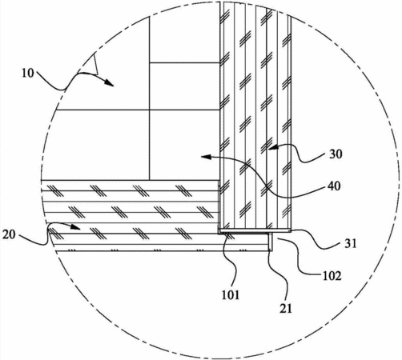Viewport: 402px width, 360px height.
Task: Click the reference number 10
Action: (x=28, y=73)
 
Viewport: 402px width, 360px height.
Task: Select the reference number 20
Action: (x=9, y=234)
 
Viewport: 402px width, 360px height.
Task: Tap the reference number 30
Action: (x=336, y=154)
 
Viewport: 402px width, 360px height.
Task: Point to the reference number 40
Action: (x=334, y=186)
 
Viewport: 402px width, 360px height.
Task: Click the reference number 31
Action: (x=351, y=243)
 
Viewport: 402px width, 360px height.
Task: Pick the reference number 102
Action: (x=332, y=276)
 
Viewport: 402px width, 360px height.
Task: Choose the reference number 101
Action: (x=231, y=294)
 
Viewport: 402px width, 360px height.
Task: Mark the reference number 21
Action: (x=286, y=308)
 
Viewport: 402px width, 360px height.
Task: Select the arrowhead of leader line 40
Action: (x=206, y=157)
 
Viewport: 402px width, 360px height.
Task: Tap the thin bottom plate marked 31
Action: (x=255, y=230)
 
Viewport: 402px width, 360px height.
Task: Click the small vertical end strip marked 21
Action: (x=271, y=242)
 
